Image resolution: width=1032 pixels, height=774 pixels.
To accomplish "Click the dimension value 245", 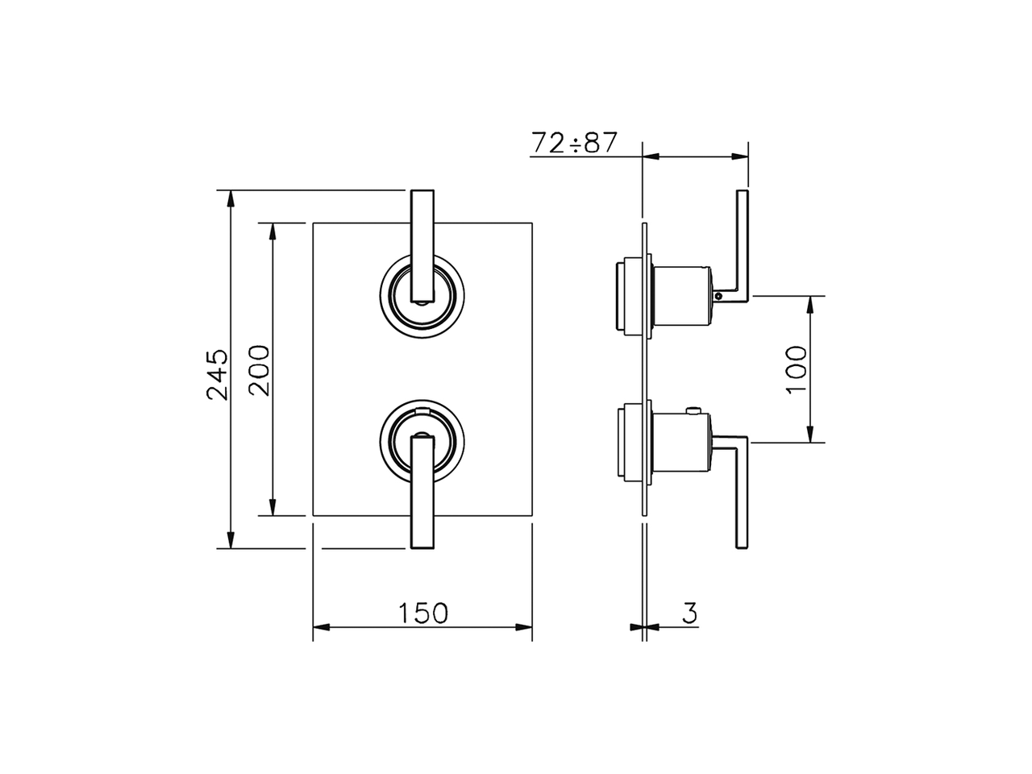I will (217, 374).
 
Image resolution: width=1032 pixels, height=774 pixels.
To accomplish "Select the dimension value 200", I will (259, 370).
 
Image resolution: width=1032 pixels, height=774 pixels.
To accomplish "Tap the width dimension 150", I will (422, 613).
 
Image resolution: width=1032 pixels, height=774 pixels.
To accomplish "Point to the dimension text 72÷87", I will (574, 143).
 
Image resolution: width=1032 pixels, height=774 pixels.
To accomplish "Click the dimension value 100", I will (796, 369).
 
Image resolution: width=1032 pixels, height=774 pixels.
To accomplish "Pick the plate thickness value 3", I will (689, 613).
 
